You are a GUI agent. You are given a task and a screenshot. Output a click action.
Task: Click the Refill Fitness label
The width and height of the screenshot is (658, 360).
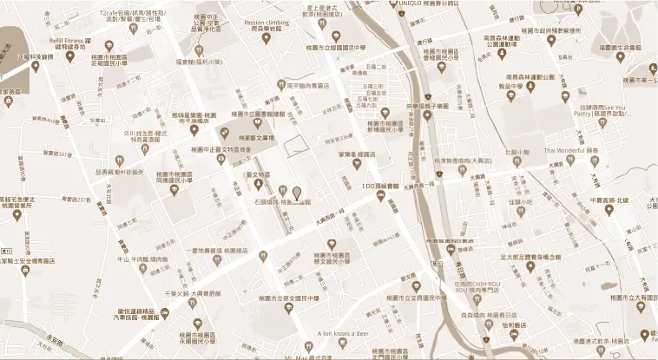(x=73, y=39)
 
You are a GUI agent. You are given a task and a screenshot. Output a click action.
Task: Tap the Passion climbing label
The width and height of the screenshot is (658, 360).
(x=266, y=23)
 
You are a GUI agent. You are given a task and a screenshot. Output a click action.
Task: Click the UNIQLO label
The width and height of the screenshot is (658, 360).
(x=416, y=3)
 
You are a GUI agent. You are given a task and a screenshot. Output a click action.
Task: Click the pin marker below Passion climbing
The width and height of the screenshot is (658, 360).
(x=266, y=43)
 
